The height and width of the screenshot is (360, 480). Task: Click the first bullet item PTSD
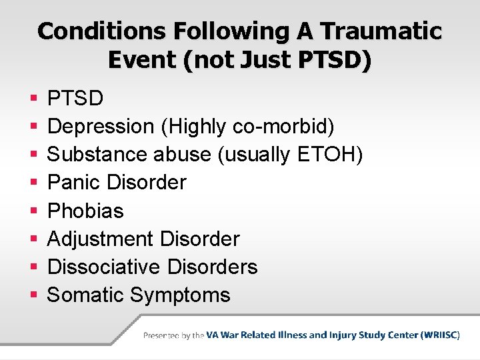[x=75, y=99]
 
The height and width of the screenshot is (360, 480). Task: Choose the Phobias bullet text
[x=85, y=211]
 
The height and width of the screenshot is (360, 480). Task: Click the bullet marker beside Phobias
[x=33, y=211]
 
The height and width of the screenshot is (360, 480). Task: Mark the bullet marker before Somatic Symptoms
[x=33, y=295]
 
